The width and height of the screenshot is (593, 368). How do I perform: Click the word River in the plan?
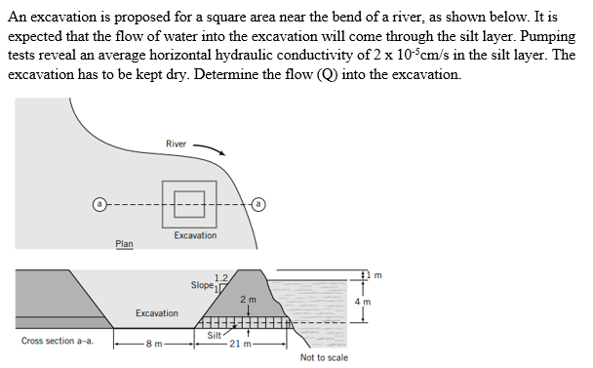(177, 145)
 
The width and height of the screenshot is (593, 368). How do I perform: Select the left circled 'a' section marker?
(99, 204)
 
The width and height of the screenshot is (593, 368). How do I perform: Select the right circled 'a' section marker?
(258, 204)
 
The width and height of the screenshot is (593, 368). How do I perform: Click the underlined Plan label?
(125, 244)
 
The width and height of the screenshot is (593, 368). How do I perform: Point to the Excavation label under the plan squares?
(196, 236)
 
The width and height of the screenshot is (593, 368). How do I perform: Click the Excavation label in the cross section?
(157, 313)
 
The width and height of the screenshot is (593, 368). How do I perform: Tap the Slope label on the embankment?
(201, 286)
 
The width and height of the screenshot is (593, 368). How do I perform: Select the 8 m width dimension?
(150, 344)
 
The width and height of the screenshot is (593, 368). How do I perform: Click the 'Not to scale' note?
(324, 358)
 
